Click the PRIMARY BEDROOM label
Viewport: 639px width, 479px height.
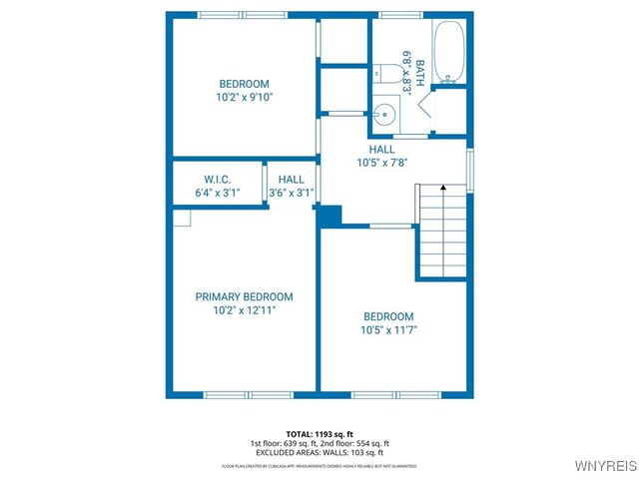click(x=244, y=296)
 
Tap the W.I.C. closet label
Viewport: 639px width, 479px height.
click(x=218, y=180)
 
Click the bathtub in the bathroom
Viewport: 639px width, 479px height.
click(x=449, y=51)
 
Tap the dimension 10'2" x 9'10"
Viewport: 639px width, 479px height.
click(x=244, y=98)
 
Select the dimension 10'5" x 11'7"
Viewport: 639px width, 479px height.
click(x=388, y=330)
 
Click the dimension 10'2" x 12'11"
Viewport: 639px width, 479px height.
click(x=244, y=311)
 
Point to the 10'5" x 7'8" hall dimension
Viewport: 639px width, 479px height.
click(x=382, y=163)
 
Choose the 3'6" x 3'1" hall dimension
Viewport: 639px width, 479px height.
click(x=292, y=194)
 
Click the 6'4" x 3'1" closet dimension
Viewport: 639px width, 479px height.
click(x=218, y=194)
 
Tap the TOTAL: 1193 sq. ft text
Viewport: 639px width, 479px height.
click(x=319, y=434)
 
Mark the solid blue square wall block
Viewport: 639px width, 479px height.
click(x=330, y=216)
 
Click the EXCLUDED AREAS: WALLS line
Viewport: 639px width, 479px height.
click(x=319, y=452)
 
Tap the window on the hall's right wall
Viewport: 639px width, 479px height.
click(x=470, y=169)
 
